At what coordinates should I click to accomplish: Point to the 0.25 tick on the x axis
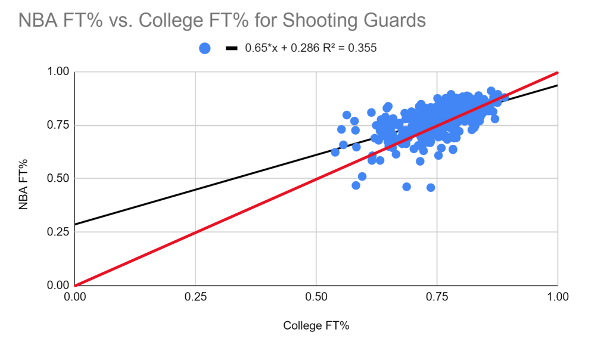[196, 295]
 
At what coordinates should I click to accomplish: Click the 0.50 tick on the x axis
[316, 295]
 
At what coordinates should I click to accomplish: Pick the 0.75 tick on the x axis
[437, 295]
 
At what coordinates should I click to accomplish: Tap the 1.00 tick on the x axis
[557, 295]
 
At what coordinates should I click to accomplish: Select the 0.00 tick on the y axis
[60, 285]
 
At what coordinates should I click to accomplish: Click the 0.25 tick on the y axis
[60, 232]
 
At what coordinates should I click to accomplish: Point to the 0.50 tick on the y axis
[60, 178]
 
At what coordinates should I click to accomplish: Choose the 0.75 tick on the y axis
[60, 125]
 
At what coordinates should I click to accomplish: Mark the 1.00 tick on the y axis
[60, 72]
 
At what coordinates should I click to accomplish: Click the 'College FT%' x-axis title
[316, 325]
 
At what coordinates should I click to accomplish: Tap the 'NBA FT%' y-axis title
[24, 178]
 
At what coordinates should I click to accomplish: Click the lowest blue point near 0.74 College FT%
[431, 187]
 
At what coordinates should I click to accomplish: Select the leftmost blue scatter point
[335, 152]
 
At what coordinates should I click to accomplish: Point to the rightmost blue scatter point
[505, 98]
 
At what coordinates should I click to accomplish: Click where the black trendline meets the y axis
[76, 224]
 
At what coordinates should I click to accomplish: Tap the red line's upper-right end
[557, 73]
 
